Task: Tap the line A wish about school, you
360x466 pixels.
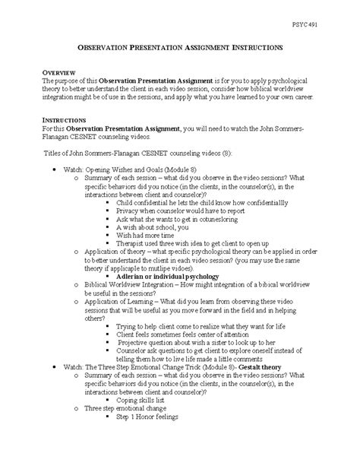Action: [x=165, y=227]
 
